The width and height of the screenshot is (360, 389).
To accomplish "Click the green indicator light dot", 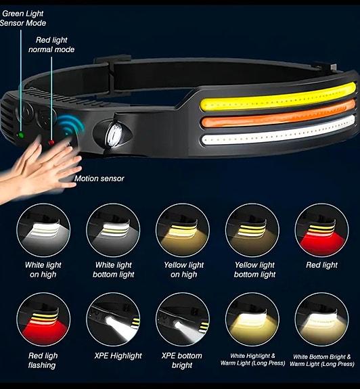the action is (21, 135).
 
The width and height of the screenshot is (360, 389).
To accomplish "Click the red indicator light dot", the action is (51, 142).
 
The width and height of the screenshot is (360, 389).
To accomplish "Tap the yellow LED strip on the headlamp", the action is (278, 97).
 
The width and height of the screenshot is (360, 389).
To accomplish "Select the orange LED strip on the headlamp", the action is (277, 114).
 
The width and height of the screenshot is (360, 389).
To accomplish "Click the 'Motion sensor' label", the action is (99, 179).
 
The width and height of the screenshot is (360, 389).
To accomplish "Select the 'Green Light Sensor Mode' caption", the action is (23, 18).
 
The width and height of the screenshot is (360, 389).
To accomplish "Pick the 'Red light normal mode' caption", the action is (51, 45).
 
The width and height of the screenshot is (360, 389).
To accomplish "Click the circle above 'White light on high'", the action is (43, 230).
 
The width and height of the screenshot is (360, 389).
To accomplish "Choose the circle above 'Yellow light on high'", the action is (183, 230).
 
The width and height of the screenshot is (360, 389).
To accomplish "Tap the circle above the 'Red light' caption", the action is (322, 230).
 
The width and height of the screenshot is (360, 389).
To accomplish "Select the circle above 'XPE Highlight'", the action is (113, 319).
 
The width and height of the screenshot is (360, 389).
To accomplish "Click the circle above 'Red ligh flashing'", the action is (43, 319).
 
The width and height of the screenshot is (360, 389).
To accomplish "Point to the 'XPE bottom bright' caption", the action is (182, 360).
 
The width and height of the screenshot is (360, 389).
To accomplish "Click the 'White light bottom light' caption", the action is (114, 270).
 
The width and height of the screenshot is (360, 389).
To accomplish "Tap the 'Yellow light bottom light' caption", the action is (255, 270).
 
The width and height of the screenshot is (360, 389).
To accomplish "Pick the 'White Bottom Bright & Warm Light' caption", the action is (322, 360).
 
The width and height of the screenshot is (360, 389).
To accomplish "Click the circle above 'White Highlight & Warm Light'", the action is (252, 319).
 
